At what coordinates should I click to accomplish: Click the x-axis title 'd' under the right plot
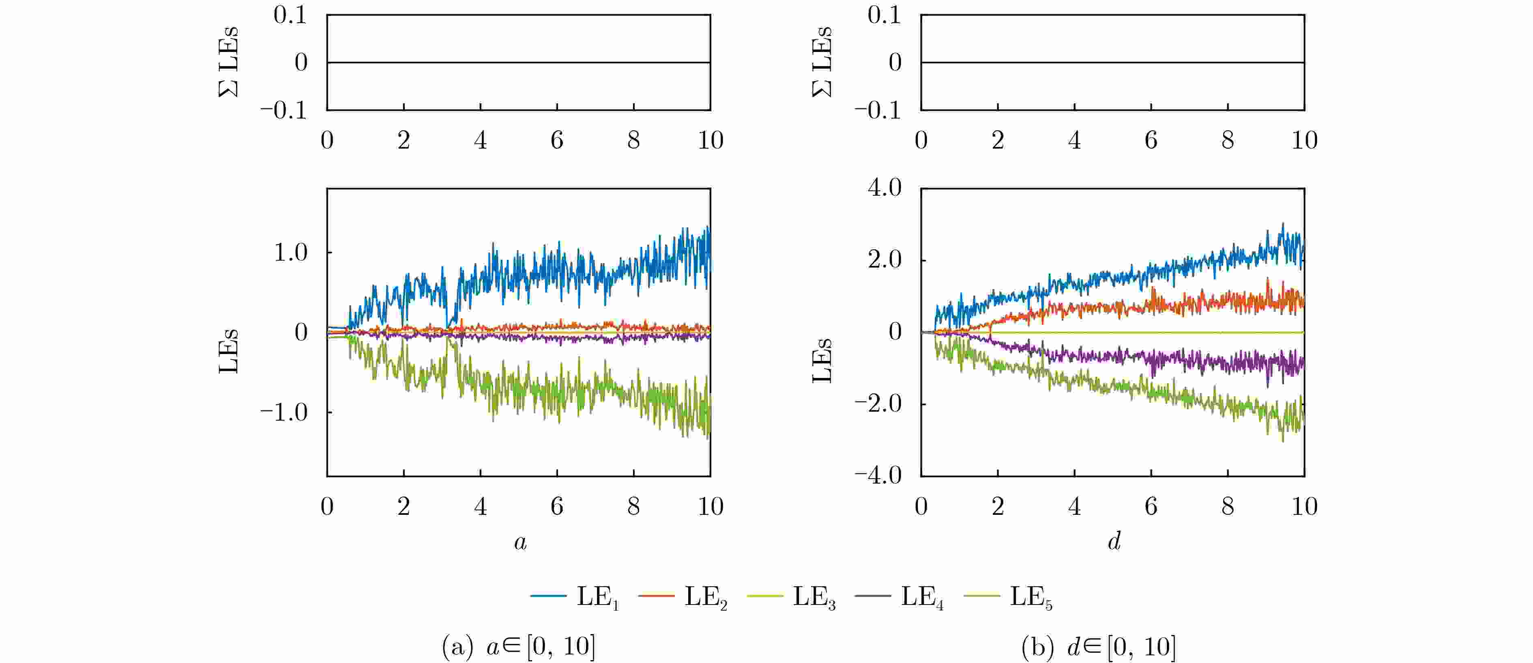pos(1114,540)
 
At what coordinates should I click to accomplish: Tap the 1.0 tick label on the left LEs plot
pos(290,253)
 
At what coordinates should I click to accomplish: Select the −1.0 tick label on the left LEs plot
pos(284,412)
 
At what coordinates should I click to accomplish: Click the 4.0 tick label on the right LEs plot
pos(885,188)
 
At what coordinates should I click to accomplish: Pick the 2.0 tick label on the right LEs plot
pos(885,260)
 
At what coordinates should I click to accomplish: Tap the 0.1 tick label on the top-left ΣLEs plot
pos(290,15)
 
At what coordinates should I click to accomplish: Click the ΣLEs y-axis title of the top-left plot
pos(228,62)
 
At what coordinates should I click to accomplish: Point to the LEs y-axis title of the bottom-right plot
pos(822,361)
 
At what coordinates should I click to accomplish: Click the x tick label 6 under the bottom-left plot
pos(557,506)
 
